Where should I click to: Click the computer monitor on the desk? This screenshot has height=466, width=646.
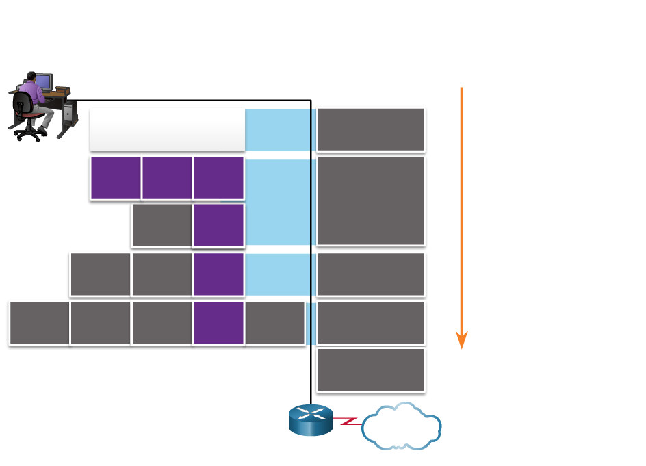[43, 81]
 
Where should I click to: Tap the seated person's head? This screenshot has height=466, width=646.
[30, 75]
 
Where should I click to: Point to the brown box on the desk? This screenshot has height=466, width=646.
[62, 90]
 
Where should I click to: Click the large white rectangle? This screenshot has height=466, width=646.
[168, 129]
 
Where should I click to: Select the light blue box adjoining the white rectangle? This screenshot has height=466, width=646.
[278, 129]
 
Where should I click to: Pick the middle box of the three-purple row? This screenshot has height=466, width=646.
[167, 178]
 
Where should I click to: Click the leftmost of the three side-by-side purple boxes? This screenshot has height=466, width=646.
[116, 178]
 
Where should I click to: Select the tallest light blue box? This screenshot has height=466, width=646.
[278, 202]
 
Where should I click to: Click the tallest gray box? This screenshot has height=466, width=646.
[370, 200]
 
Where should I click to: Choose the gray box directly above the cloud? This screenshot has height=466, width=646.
[370, 370]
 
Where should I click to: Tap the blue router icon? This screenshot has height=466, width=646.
[311, 419]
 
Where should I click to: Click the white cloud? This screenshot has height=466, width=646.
[401, 426]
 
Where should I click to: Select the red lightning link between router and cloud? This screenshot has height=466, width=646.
[349, 420]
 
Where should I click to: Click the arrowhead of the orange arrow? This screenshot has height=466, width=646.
[461, 340]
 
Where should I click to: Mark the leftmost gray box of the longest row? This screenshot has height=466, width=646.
[39, 322]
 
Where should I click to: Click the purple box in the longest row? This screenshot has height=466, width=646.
[218, 322]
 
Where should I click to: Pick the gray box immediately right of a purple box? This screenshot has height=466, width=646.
[274, 322]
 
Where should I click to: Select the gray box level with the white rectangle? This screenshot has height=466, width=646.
[370, 129]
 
